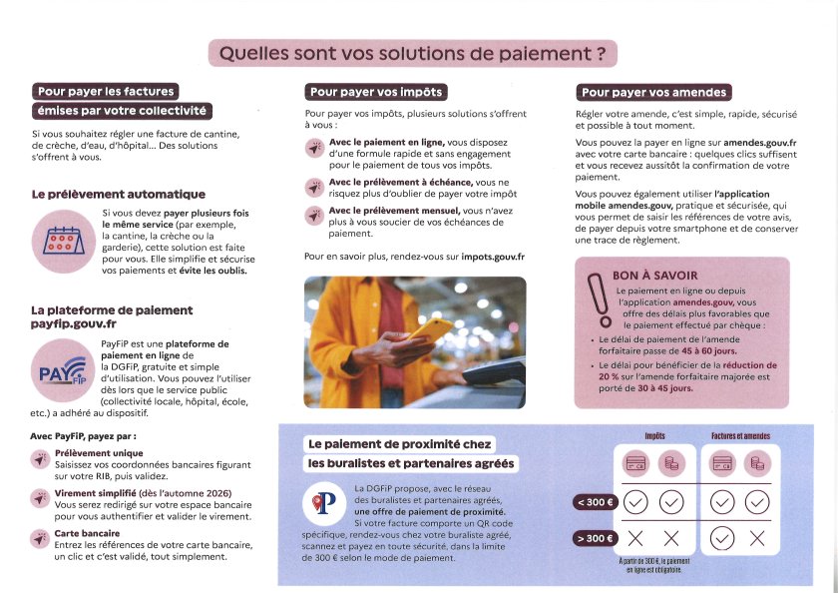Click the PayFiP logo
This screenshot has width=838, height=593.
[x=63, y=370]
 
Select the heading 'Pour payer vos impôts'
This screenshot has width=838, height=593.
[x=375, y=92]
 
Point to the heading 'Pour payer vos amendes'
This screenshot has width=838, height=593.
[x=653, y=92]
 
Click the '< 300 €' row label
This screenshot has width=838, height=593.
[x=592, y=503]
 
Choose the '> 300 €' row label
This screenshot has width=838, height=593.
[x=592, y=539]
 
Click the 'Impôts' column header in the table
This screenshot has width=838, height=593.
[x=654, y=436]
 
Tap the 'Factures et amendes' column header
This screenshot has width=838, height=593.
[x=740, y=436]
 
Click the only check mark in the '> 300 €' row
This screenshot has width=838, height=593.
[x=722, y=539]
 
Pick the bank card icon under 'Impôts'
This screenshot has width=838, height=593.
[x=635, y=465]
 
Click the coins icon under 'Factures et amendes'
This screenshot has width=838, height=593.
[x=757, y=465]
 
